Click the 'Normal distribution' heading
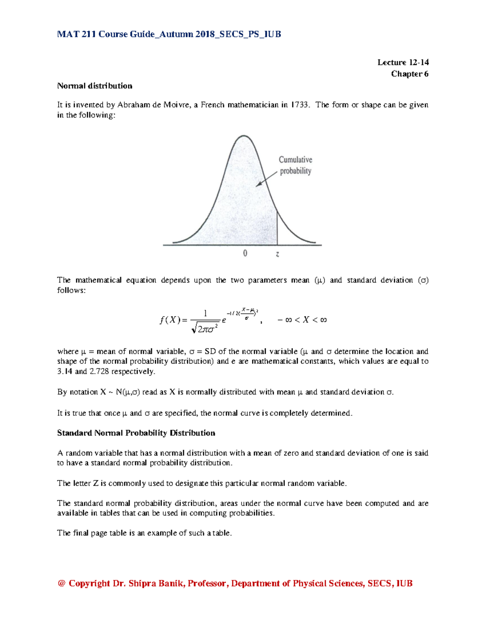point(94,86)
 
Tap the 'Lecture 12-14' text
point(403,62)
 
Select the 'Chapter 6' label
point(409,74)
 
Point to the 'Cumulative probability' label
point(295,165)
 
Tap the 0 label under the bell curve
point(245,254)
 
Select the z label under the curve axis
point(277,254)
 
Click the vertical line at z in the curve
point(277,228)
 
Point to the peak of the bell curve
point(243,136)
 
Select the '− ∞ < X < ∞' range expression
point(302,320)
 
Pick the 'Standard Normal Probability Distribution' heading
point(136,433)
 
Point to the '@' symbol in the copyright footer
point(62,583)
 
